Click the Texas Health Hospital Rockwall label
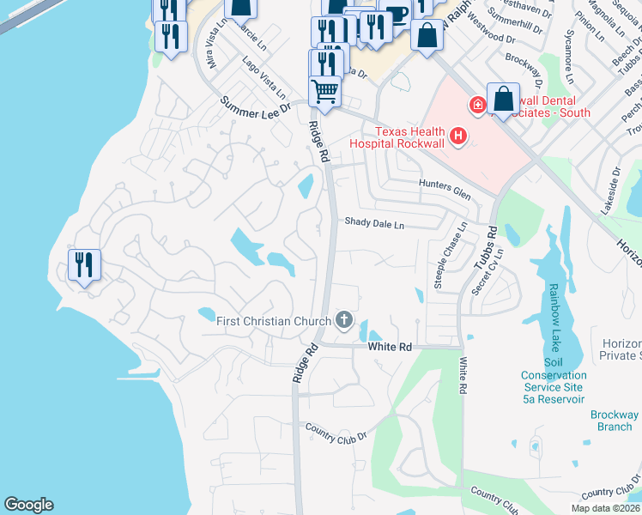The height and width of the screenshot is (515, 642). point(409,137)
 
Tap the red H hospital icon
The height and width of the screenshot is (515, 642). point(458,136)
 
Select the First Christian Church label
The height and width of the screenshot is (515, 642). point(273,322)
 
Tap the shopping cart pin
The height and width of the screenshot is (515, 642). point(324,89)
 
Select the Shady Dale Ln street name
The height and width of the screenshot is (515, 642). point(373,223)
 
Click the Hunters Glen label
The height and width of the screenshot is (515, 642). point(445,190)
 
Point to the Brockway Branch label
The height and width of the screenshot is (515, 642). point(615,421)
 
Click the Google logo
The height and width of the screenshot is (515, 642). point(28,505)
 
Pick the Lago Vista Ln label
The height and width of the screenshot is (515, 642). point(263,75)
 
